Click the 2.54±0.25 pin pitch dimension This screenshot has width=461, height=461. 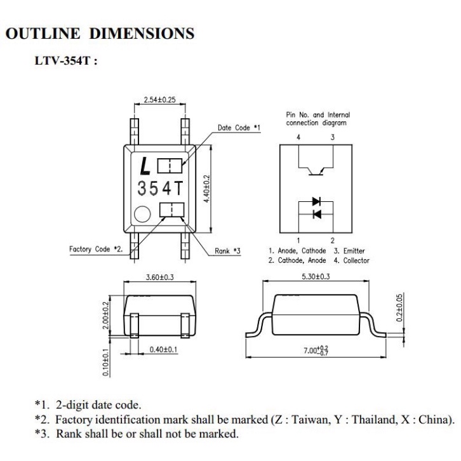click(x=159, y=100)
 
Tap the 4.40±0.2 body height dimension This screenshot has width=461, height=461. click(x=207, y=189)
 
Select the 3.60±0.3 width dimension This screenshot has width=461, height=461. click(x=159, y=277)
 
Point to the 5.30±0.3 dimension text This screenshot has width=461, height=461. click(x=316, y=276)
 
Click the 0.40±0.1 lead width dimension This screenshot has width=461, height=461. click(x=163, y=349)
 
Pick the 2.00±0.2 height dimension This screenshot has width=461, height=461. click(x=106, y=316)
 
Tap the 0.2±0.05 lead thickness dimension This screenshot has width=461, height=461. click(x=399, y=308)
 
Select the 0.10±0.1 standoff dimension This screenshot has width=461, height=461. click(x=106, y=362)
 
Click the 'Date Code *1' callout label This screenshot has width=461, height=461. click(x=239, y=128)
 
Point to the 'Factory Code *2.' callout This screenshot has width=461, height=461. click(x=96, y=250)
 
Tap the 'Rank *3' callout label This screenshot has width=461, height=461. click(x=227, y=251)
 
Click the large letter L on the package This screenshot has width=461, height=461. click(x=145, y=166)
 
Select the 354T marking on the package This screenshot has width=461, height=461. click(x=160, y=188)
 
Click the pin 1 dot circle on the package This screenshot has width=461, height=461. click(x=142, y=214)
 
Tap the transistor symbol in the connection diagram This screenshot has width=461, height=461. click(x=316, y=171)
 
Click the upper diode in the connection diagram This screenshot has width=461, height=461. click(x=316, y=201)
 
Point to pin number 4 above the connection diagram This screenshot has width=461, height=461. click(x=298, y=137)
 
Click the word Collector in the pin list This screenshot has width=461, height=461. click(x=356, y=260)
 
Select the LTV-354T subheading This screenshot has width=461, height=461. click(x=66, y=61)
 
